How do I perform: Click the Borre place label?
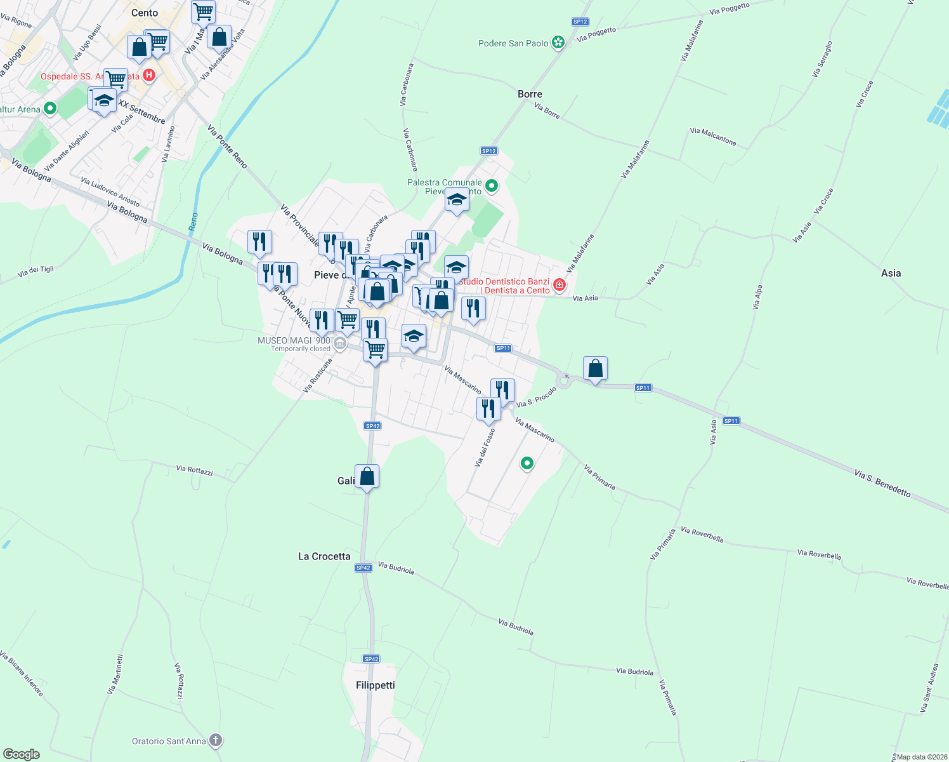point(530,94)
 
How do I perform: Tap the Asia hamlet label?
point(891,273)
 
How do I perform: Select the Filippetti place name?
point(376,685)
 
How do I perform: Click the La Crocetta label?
point(324,556)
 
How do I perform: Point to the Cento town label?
point(145,13)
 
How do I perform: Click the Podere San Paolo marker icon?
point(558,43)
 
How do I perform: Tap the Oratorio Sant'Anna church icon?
point(216,740)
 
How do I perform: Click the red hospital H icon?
point(149,76)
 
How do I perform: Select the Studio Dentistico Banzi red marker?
point(559,284)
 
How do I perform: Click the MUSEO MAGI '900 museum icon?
point(340,344)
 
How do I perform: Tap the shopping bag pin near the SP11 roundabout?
point(595,368)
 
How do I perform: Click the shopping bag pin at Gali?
point(367,476)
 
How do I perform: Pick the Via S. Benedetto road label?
point(882,483)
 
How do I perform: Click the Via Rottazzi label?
point(194,470)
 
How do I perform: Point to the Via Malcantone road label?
point(713,137)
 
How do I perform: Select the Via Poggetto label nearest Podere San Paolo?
point(596,34)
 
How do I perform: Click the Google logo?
point(22,754)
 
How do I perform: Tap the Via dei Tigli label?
point(36,272)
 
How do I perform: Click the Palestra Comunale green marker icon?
point(492,187)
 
